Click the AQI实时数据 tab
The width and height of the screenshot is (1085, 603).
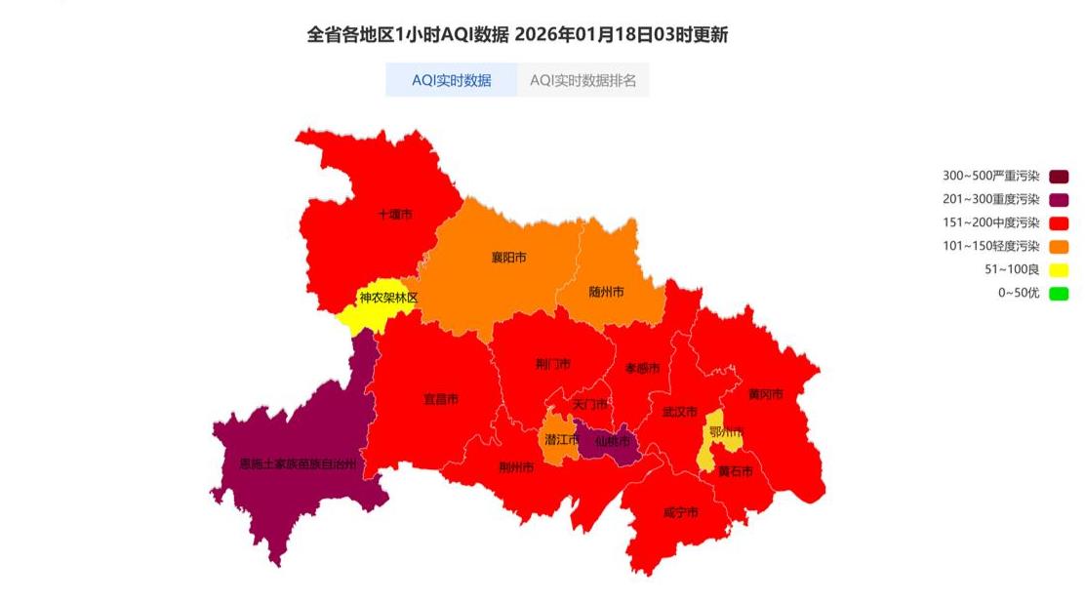tap(451, 80)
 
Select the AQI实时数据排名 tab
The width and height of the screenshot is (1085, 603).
tap(583, 80)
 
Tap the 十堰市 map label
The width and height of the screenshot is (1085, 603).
tap(395, 215)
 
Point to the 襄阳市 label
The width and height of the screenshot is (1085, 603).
tap(508, 258)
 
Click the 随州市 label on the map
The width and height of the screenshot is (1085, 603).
tap(607, 292)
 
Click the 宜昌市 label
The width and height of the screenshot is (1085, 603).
tap(441, 399)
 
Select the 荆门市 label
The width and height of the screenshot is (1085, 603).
tap(553, 364)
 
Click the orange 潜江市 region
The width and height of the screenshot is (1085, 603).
tap(557, 441)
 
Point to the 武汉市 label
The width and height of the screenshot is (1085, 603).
tap(679, 412)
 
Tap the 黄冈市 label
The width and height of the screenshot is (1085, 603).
tap(766, 394)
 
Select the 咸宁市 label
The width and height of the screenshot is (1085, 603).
tap(680, 512)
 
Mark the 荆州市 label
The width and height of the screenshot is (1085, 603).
tap(516, 467)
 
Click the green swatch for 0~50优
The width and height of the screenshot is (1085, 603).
tap(1059, 293)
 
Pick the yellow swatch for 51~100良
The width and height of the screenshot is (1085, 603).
tap(1059, 269)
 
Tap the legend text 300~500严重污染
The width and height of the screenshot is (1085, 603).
tap(990, 177)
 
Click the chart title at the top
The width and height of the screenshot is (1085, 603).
tap(517, 35)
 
